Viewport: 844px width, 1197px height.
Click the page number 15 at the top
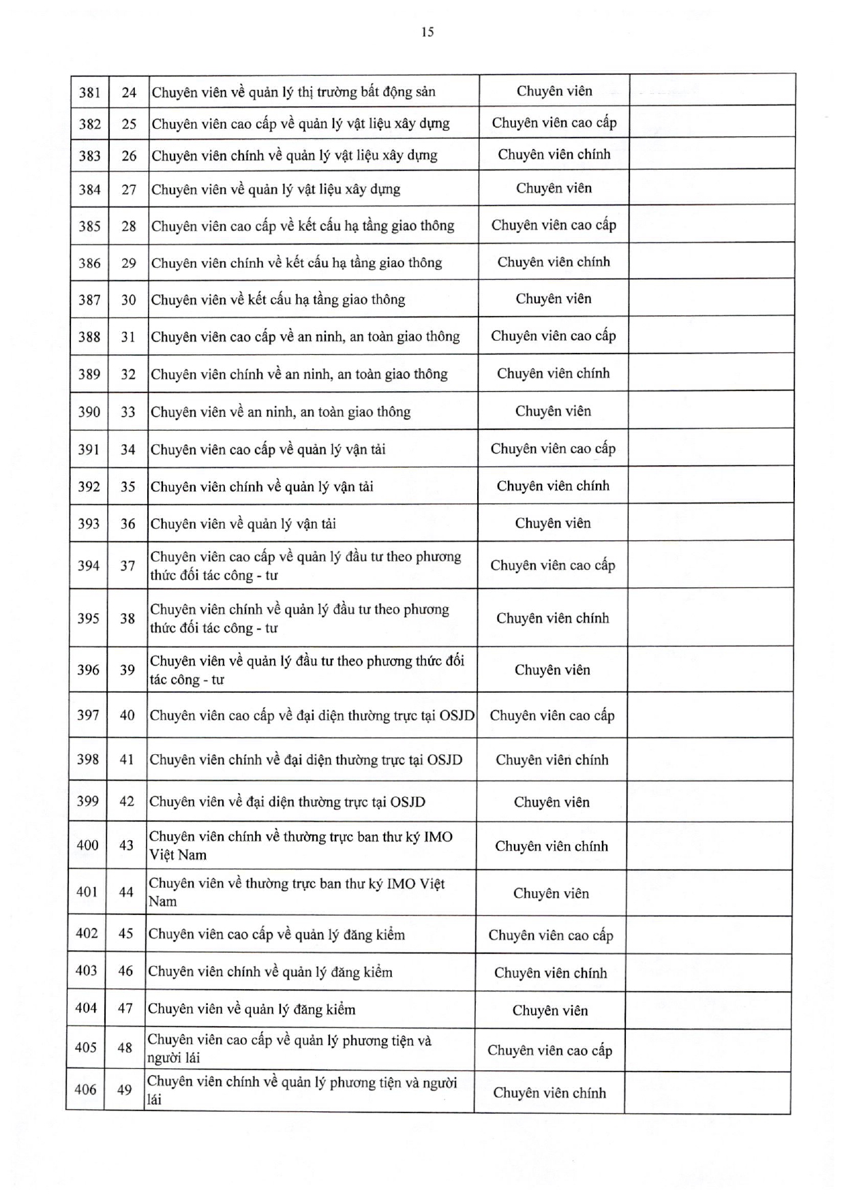click(x=427, y=32)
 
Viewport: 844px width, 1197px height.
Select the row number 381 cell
click(x=89, y=92)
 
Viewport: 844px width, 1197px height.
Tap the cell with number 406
click(x=85, y=1089)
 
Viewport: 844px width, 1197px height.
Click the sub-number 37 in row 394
click(x=127, y=565)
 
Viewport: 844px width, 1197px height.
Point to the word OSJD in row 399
click(x=408, y=802)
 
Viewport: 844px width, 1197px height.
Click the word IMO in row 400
click(x=438, y=837)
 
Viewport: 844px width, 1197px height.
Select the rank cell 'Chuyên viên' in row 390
click(x=553, y=411)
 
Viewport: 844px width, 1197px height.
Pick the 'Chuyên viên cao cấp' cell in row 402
click(x=551, y=935)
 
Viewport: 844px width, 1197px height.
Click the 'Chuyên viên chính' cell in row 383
click(x=554, y=155)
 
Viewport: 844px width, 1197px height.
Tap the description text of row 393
click(x=243, y=524)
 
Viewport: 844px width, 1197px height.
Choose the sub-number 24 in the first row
click(x=129, y=92)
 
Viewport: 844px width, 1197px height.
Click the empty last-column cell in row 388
click(x=712, y=336)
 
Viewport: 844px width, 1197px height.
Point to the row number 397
click(x=88, y=715)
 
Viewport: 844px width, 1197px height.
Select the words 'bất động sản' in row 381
click(x=397, y=92)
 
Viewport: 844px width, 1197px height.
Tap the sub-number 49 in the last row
click(x=124, y=1089)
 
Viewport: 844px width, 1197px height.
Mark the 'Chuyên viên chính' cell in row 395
click(x=552, y=618)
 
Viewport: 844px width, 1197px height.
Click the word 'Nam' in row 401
click(x=162, y=901)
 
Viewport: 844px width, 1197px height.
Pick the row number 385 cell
click(x=89, y=226)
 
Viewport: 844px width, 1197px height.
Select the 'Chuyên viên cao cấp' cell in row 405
click(x=549, y=1050)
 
